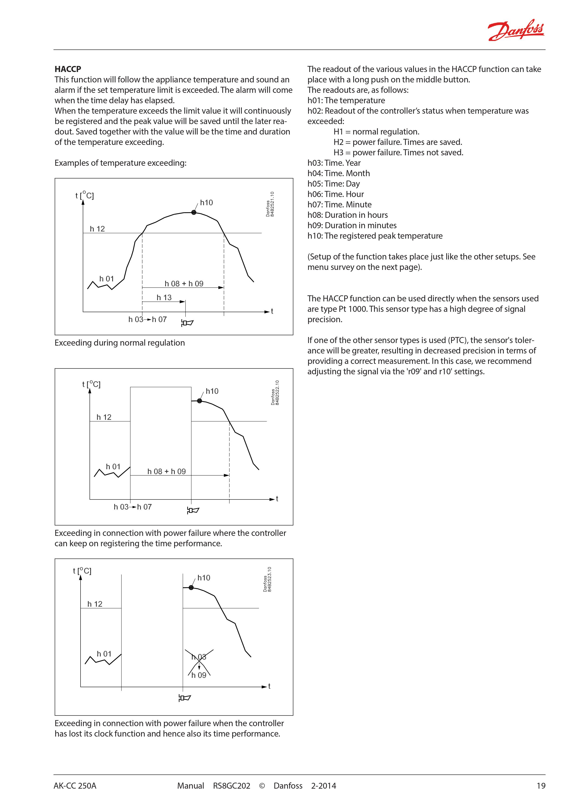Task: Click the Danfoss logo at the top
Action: (x=516, y=30)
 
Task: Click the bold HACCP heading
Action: (x=68, y=69)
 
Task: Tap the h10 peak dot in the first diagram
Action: (x=194, y=212)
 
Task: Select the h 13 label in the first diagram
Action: (x=164, y=298)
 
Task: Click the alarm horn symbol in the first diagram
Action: (x=187, y=322)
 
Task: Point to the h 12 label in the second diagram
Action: (x=104, y=417)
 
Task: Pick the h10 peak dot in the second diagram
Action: (x=200, y=401)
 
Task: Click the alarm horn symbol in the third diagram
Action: (x=184, y=698)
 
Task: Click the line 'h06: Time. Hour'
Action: (x=335, y=194)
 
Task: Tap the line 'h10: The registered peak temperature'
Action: (x=375, y=236)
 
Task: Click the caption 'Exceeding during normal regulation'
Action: (x=119, y=343)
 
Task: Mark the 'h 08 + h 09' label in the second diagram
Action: (x=167, y=472)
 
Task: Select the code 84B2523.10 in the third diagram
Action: (x=270, y=579)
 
